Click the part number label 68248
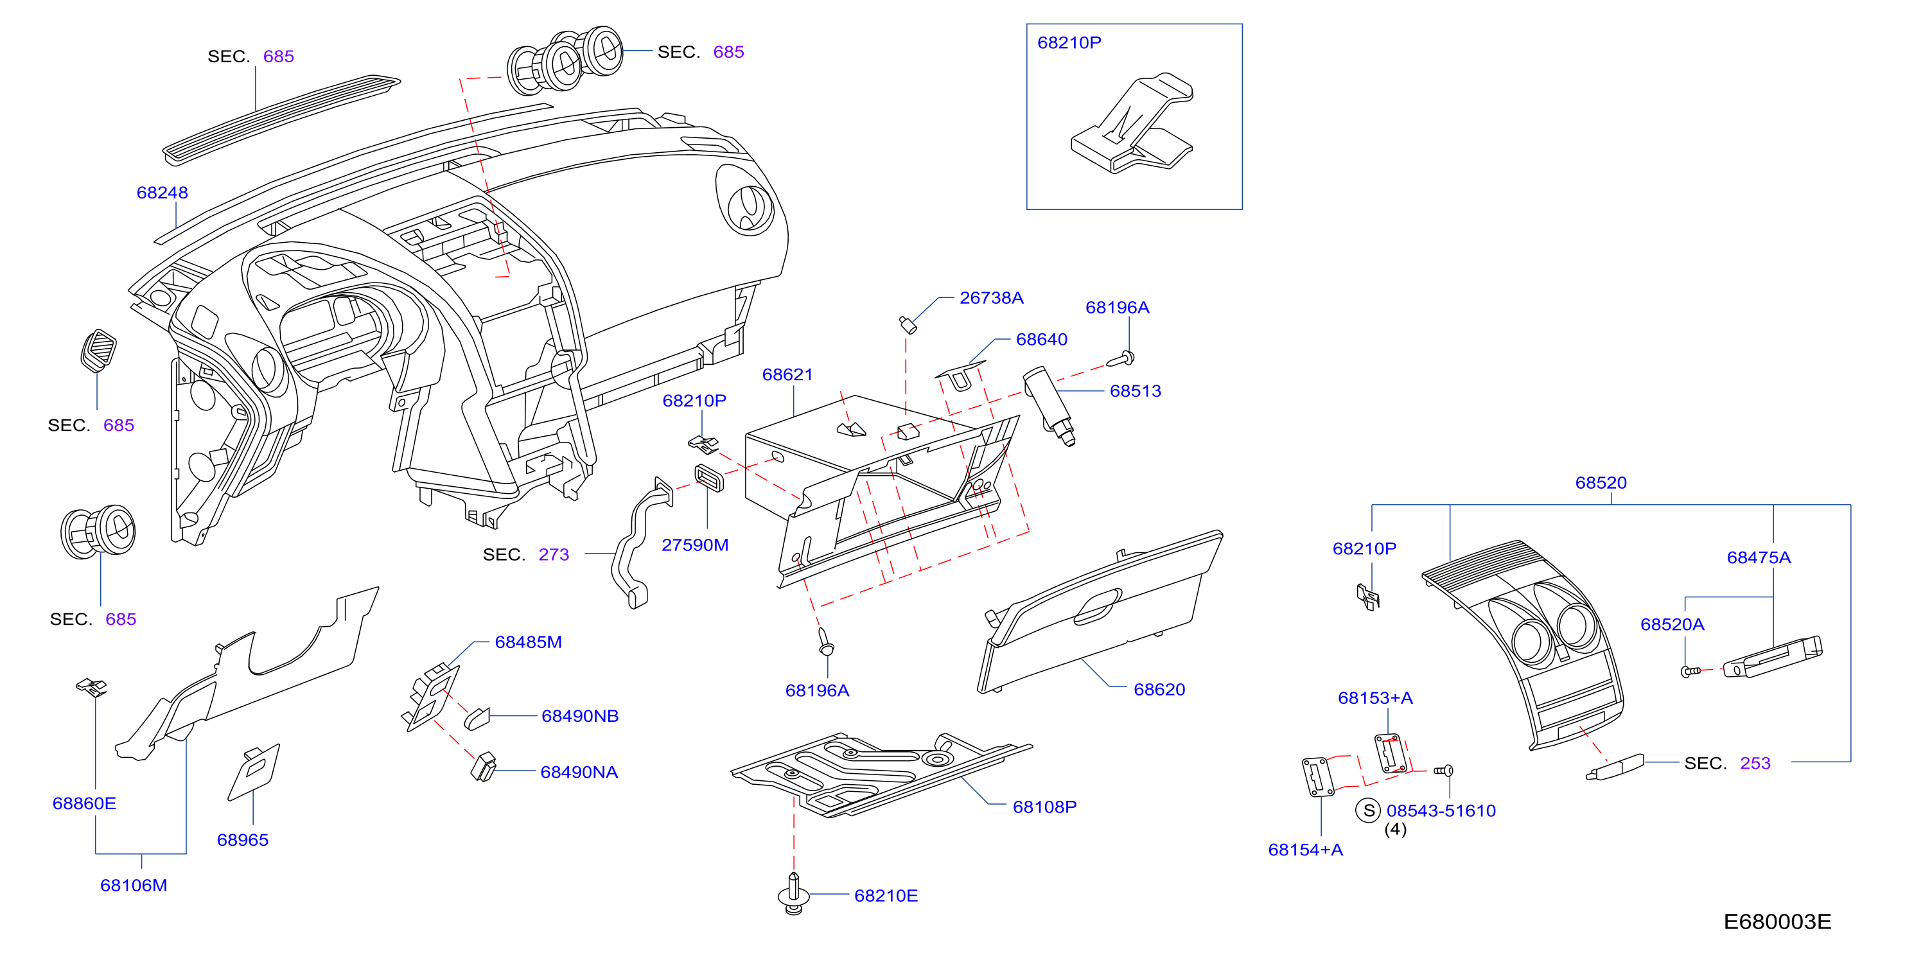[162, 193]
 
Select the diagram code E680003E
[1777, 922]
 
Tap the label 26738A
[991, 298]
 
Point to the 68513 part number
[1135, 391]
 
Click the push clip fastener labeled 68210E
[793, 894]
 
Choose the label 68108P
[1044, 807]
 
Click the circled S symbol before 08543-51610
[1368, 810]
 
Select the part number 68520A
[1672, 625]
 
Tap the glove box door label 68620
[1159, 690]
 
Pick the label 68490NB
[580, 717]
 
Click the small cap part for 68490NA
[484, 767]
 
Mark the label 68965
[243, 840]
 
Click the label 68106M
[134, 886]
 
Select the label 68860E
[84, 803]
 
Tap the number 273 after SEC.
[554, 554]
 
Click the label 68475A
[1759, 558]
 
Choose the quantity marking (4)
[1396, 830]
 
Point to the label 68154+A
[1305, 850]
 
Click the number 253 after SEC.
[1755, 764]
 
